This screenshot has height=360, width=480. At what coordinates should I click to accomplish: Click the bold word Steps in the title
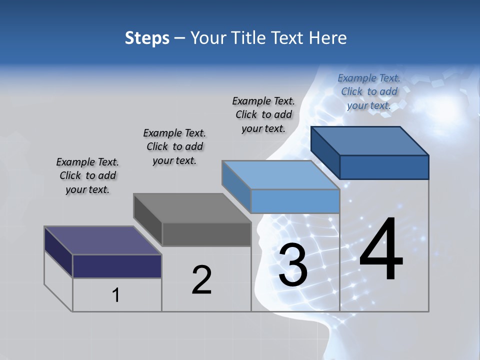pos(147,38)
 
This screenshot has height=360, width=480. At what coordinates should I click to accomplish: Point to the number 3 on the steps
pos(293,264)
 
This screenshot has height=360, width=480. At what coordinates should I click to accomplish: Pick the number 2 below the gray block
pos(201,279)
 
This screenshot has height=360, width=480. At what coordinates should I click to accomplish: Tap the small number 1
pos(115,295)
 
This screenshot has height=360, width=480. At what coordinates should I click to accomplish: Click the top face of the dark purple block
pos(102,240)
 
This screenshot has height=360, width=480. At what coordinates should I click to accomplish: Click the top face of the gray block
pos(192,208)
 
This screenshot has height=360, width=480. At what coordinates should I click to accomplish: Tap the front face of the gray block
pos(206,234)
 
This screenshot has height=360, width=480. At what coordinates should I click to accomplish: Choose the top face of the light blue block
pos(281,175)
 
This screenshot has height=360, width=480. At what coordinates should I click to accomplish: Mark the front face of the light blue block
pos(295,201)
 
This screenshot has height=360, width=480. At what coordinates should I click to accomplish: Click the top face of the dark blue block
pos(370,141)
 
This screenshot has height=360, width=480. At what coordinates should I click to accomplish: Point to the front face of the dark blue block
pos(384,167)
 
